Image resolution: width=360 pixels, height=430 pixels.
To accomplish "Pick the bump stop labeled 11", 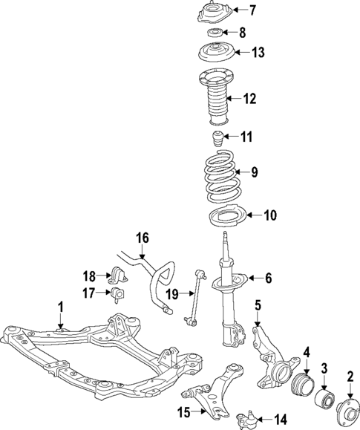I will (217, 138).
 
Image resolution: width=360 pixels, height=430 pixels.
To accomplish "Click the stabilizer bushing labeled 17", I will (120, 295).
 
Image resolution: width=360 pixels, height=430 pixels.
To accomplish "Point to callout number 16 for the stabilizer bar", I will (143, 238).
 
